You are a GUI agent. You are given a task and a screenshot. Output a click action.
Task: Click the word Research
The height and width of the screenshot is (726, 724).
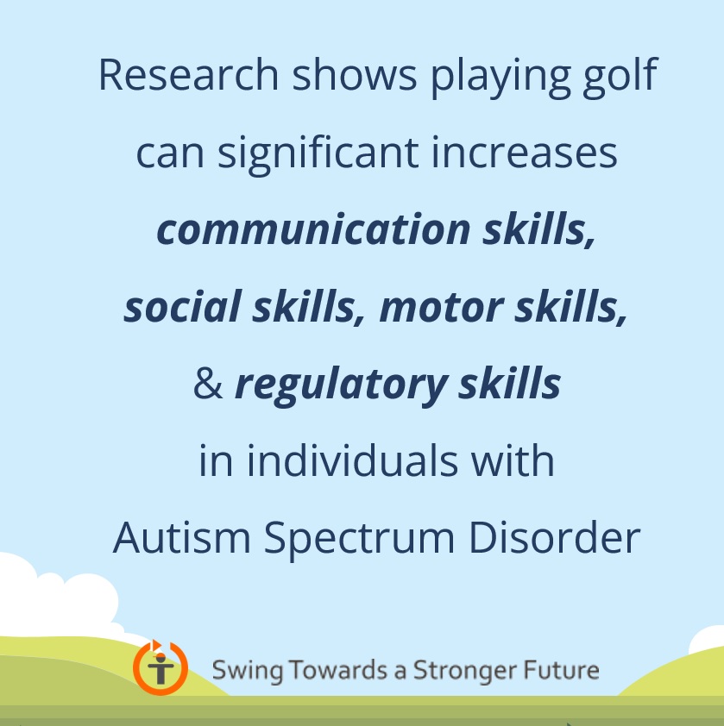click(x=189, y=74)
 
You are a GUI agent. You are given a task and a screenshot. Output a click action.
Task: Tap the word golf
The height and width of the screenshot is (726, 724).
click(x=620, y=78)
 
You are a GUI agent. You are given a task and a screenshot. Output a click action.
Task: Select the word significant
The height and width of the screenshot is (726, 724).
click(x=318, y=154)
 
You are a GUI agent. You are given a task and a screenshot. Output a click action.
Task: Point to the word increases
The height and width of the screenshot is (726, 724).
click(x=524, y=152)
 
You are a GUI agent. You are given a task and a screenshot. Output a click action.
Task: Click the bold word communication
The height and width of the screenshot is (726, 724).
click(x=314, y=228)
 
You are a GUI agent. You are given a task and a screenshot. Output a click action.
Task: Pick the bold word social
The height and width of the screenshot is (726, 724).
click(x=182, y=306)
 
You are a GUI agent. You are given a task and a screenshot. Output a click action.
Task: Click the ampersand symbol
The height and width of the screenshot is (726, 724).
click(x=208, y=384)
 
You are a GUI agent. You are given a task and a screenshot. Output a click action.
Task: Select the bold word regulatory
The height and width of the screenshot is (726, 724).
click(x=341, y=386)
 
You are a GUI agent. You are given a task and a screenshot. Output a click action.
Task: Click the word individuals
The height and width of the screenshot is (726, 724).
click(x=352, y=460)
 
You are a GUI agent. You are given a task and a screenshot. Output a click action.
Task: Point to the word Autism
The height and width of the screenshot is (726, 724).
click(x=182, y=537)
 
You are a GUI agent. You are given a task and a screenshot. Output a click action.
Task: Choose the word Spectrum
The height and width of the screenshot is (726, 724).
click(x=359, y=540)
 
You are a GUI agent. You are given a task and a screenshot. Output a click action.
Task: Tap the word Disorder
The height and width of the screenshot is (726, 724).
click(x=555, y=537)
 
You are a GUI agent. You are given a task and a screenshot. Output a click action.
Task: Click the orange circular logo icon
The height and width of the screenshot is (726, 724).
click(x=161, y=667)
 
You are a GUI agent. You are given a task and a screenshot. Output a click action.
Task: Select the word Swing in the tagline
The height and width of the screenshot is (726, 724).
click(x=247, y=671)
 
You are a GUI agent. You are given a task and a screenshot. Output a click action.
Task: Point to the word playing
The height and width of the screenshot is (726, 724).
click(x=501, y=78)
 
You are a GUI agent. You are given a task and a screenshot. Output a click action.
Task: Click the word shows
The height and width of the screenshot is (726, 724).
click(x=355, y=74)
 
